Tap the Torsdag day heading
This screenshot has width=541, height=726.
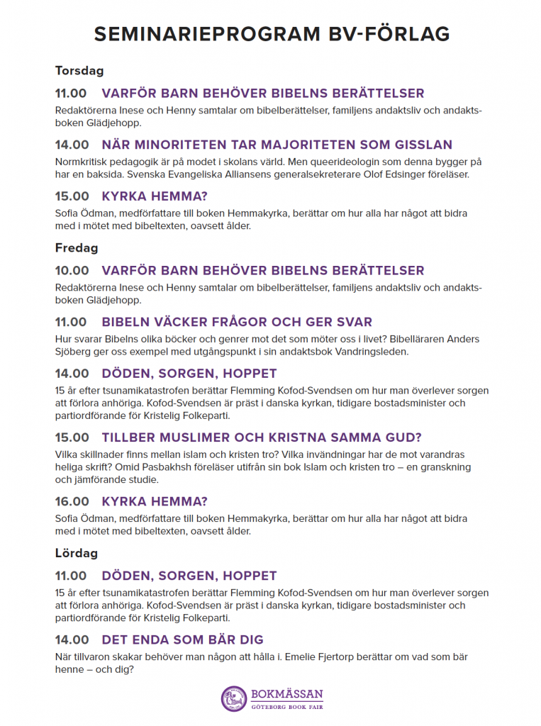79,71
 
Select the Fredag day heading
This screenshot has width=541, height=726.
77,248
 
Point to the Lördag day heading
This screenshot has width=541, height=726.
77,553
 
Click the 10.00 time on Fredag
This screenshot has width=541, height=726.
72,271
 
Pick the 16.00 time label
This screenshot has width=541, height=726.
72,501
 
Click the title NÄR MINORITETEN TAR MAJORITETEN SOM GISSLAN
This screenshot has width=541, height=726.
277,145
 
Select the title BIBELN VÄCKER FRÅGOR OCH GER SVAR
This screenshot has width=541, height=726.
237,323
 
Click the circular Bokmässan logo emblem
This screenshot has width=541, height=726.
233,698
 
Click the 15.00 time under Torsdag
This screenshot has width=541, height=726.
72,196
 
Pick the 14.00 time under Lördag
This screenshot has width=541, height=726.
72,640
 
